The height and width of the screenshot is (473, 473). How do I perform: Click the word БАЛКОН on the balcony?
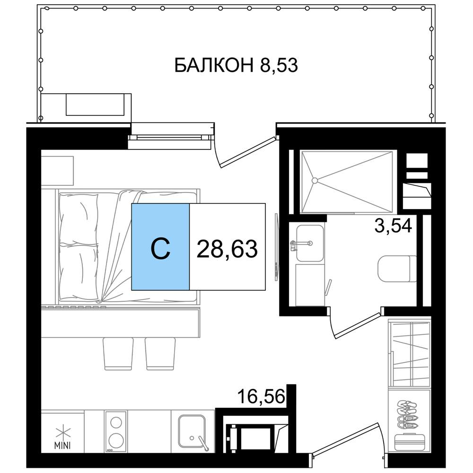point(214,65)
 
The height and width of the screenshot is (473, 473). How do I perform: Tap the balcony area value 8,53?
point(279,65)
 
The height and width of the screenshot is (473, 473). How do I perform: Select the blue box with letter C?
point(160,247)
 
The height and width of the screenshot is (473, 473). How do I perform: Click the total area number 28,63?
point(227,249)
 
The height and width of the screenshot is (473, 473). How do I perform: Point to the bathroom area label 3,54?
point(393,226)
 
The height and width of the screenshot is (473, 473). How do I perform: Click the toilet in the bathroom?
point(397,269)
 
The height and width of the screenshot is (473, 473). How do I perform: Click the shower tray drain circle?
point(315,181)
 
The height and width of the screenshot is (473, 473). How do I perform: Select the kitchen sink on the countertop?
point(192,431)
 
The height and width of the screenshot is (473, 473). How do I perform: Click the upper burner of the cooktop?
point(116,422)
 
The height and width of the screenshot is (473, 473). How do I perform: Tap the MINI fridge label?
point(62,445)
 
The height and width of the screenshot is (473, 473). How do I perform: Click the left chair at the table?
point(118,353)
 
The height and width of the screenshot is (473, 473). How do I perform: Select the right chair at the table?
point(160,353)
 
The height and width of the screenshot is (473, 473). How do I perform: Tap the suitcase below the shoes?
point(410,442)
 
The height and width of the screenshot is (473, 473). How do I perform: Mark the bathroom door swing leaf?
point(357,326)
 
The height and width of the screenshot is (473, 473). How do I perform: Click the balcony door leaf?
point(248,152)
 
